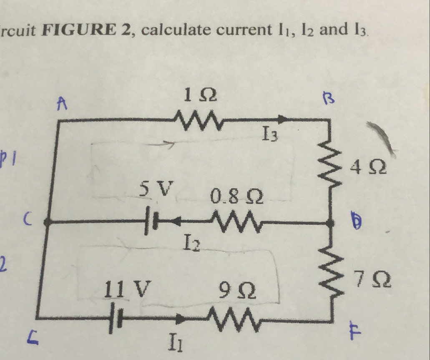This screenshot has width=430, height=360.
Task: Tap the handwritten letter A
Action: [62, 103]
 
